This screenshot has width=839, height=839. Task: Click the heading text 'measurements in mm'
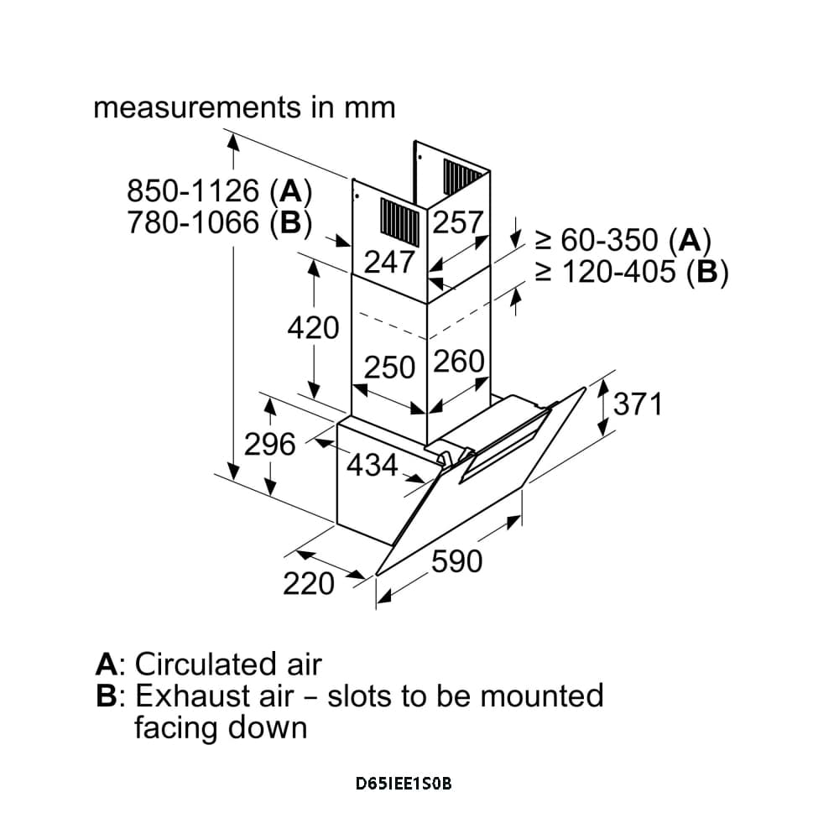(x=244, y=108)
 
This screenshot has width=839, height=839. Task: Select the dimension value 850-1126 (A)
(x=219, y=192)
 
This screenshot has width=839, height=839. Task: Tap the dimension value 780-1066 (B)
(x=219, y=223)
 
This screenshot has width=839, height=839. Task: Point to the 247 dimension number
(x=388, y=262)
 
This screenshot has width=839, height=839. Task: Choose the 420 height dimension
(x=313, y=328)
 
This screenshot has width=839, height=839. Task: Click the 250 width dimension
(x=389, y=367)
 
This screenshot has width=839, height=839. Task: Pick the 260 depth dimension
(x=460, y=362)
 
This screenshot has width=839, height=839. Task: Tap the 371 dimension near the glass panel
(x=638, y=404)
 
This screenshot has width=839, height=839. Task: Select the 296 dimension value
(x=270, y=444)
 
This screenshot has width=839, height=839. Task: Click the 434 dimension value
(x=372, y=464)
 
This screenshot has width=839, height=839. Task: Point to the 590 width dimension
(x=457, y=561)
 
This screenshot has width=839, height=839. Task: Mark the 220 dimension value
(x=309, y=583)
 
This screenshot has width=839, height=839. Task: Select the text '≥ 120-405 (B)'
(x=631, y=273)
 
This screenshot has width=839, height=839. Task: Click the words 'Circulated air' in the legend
(x=228, y=664)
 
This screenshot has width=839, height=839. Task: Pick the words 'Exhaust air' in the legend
(x=215, y=696)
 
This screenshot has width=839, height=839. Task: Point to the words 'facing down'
(x=221, y=727)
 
